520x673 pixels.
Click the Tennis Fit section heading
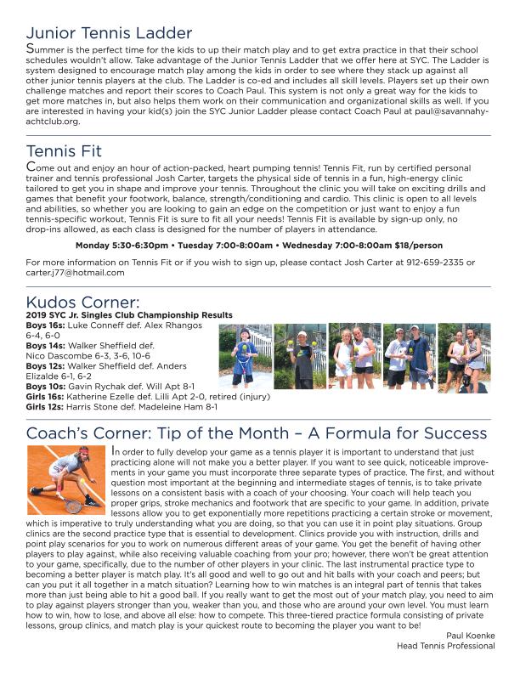pos(65,151)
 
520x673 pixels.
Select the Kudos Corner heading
pos(82,303)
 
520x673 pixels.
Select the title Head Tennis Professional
pos(445,646)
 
